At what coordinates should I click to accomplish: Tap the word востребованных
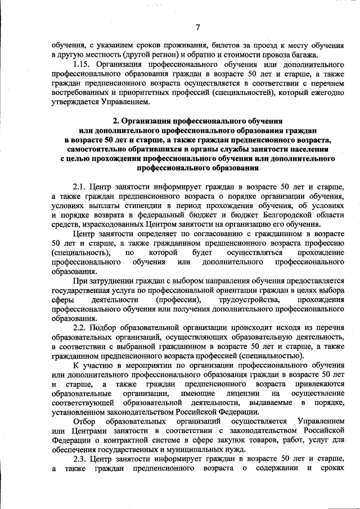[x=79, y=93]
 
